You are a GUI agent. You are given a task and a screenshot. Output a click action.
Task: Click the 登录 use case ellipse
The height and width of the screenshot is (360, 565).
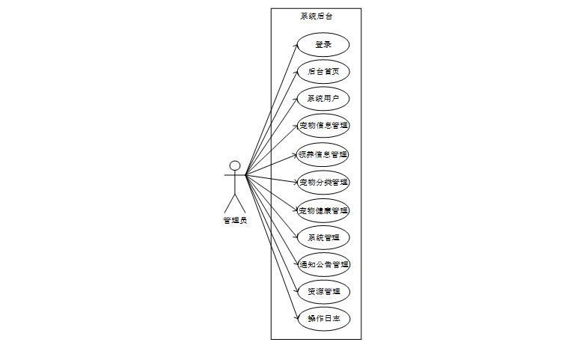click(x=323, y=44)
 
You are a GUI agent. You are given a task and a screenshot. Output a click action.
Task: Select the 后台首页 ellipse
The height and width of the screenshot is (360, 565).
click(x=323, y=72)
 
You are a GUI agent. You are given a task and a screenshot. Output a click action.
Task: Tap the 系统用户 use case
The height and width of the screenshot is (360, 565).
click(x=323, y=98)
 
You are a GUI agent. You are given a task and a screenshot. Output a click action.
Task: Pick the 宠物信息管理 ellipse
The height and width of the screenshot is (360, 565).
click(x=323, y=125)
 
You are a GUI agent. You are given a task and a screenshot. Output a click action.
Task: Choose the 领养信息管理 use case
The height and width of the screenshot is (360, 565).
click(x=323, y=155)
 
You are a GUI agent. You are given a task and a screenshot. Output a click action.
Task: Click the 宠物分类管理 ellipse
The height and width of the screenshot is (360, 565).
click(x=323, y=182)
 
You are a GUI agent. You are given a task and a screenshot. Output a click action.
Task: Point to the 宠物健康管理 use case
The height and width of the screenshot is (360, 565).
click(x=323, y=210)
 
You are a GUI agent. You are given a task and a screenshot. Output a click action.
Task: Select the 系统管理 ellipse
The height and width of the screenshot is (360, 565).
click(x=323, y=238)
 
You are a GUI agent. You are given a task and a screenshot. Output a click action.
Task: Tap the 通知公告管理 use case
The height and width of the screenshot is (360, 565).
click(x=323, y=264)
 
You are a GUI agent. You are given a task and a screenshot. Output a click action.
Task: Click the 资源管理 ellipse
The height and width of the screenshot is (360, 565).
click(x=323, y=291)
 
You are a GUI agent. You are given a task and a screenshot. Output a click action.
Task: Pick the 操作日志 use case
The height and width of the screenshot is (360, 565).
click(x=323, y=318)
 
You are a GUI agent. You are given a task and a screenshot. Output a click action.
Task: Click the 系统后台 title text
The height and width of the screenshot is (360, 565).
click(x=316, y=16)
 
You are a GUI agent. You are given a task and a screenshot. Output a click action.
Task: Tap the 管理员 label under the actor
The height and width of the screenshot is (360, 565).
click(x=235, y=220)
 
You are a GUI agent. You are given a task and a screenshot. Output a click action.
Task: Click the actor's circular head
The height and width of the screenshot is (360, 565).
click(x=235, y=165)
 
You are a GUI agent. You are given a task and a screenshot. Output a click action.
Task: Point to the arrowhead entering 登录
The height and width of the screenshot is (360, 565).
click(x=295, y=46)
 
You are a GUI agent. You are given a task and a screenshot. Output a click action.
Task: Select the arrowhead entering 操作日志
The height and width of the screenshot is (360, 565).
click(x=295, y=317)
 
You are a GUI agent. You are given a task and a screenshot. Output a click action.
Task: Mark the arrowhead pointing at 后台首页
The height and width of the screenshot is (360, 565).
click(x=295, y=73)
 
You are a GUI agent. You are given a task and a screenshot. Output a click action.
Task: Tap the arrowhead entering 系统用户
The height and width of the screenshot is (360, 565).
click(x=295, y=100)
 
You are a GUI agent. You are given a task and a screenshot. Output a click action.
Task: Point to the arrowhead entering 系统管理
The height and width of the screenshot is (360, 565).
click(x=295, y=237)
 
